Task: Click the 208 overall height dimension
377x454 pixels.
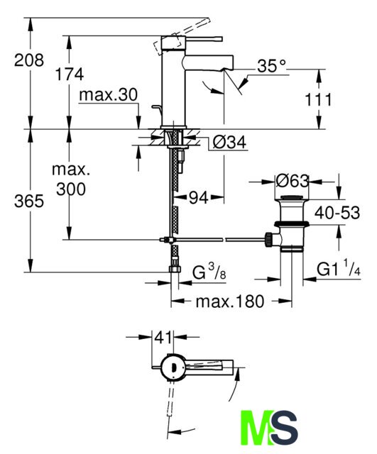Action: click(x=29, y=60)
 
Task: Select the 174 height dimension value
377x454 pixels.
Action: click(x=70, y=74)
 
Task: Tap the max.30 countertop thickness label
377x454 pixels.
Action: click(x=108, y=94)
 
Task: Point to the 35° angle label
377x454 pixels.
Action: click(x=271, y=66)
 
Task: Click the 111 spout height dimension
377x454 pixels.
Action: click(x=318, y=100)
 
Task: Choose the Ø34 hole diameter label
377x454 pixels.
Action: click(x=229, y=142)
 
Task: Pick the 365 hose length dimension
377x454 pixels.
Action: click(x=29, y=201)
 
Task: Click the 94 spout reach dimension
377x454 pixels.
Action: click(x=199, y=198)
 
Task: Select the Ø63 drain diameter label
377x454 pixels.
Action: click(x=292, y=182)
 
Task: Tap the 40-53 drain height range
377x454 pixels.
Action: click(x=337, y=213)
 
